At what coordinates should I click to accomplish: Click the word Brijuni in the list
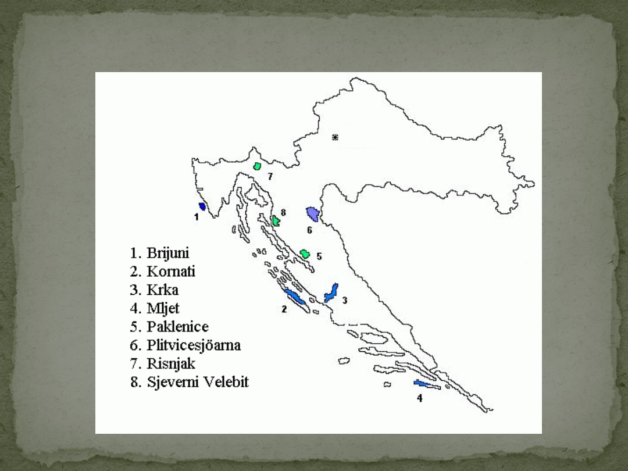click(167, 254)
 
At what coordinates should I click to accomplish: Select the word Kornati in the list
click(171, 272)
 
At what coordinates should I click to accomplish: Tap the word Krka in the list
click(162, 290)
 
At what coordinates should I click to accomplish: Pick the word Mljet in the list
click(163, 309)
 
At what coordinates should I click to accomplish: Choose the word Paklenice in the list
click(177, 327)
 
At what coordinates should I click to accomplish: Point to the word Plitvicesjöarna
click(194, 345)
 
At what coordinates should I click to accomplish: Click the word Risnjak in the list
click(171, 364)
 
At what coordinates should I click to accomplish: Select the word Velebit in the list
click(224, 383)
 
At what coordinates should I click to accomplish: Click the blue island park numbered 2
click(295, 298)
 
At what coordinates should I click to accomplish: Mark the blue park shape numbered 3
click(331, 292)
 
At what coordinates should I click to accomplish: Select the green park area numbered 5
click(304, 254)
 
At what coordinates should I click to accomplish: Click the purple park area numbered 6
click(313, 214)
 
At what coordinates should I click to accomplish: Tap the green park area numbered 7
click(257, 166)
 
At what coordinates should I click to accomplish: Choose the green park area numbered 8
click(276, 220)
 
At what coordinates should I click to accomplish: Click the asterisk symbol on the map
click(335, 137)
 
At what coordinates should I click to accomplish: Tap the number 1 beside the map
click(197, 217)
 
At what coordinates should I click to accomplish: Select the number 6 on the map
click(309, 230)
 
